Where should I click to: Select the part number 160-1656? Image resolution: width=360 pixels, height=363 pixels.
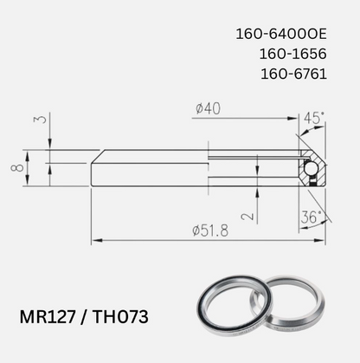click(292, 54)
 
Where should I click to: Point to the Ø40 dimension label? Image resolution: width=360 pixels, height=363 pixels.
click(209, 109)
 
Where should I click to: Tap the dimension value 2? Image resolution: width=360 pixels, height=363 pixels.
click(247, 215)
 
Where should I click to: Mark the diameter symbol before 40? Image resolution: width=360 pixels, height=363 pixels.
click(200, 109)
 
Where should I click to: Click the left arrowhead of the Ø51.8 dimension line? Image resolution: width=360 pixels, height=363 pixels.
click(95, 240)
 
